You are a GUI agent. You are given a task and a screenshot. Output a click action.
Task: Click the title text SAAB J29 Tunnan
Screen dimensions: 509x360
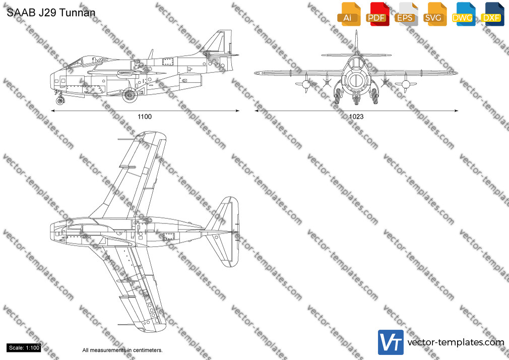pyautogui.click(x=51, y=13)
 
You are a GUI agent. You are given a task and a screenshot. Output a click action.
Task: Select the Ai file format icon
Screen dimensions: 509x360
pyautogui.click(x=349, y=14)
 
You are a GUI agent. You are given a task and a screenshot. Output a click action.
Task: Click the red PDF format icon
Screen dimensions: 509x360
pyautogui.click(x=377, y=14)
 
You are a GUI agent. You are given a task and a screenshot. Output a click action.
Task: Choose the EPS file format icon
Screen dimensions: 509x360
pyautogui.click(x=406, y=14)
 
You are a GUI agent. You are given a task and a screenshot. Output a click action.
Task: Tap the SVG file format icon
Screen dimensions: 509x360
pyautogui.click(x=434, y=14)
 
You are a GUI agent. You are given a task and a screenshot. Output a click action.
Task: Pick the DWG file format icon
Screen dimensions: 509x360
pyautogui.click(x=464, y=14)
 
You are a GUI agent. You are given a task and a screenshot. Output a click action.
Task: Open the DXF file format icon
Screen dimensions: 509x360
pyautogui.click(x=492, y=14)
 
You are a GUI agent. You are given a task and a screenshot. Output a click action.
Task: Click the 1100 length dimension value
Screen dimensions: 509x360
pyautogui.click(x=145, y=116)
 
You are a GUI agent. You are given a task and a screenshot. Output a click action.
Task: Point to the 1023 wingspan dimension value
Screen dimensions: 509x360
pyautogui.click(x=356, y=116)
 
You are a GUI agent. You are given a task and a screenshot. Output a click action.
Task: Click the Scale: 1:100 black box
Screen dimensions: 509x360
pyautogui.click(x=24, y=348)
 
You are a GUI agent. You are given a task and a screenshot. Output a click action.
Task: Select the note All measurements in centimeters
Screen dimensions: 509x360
pyautogui.click(x=122, y=350)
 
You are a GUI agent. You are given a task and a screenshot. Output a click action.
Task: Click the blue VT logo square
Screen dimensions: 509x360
pyautogui.click(x=391, y=342)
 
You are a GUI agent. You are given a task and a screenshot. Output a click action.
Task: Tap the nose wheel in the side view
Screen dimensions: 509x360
pyautogui.click(x=60, y=100)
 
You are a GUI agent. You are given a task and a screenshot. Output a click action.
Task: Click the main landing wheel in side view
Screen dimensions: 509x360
pyautogui.click(x=130, y=95)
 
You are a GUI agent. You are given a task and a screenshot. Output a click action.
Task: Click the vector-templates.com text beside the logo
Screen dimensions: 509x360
pyautogui.click(x=456, y=342)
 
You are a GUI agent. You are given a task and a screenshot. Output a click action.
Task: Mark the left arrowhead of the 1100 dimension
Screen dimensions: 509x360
pyautogui.click(x=53, y=111)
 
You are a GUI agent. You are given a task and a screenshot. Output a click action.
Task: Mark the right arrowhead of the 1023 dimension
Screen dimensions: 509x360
pyautogui.click(x=456, y=111)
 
